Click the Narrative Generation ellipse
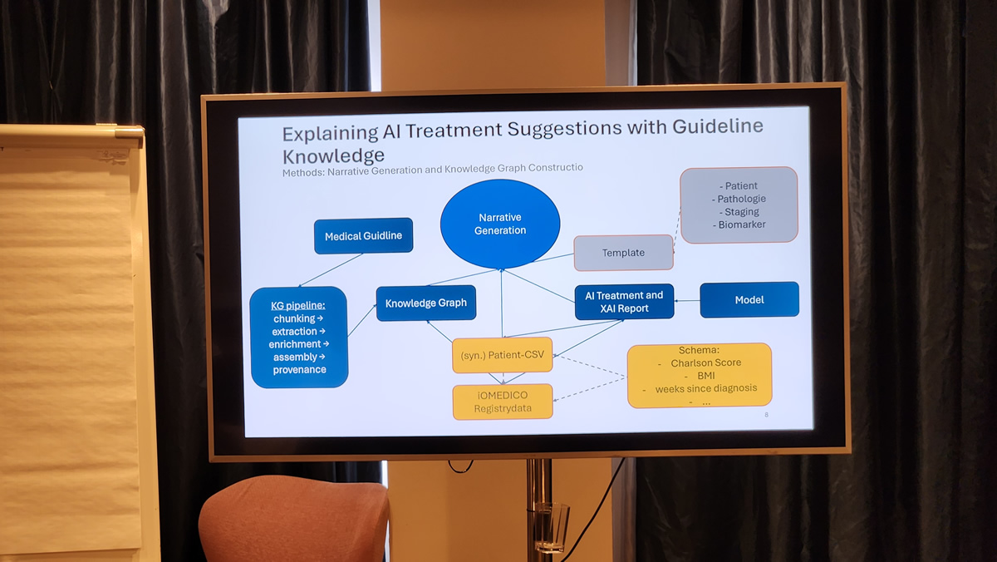(500, 224)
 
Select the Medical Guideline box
(363, 236)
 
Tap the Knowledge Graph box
(425, 303)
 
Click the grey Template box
(623, 253)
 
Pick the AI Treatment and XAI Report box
(624, 302)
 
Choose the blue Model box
(749, 300)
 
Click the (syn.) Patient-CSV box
(502, 355)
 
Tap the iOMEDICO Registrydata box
(502, 402)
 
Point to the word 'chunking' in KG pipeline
(294, 318)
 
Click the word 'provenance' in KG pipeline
(299, 370)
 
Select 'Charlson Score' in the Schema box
(706, 363)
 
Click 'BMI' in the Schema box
(706, 376)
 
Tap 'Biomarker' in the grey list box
(742, 224)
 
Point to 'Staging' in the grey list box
(742, 212)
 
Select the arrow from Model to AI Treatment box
(686, 300)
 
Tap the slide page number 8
(766, 414)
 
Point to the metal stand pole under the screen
(538, 507)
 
